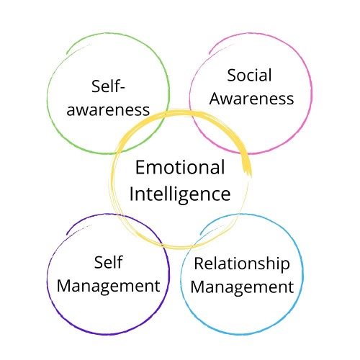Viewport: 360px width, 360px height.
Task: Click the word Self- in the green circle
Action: tap(108, 86)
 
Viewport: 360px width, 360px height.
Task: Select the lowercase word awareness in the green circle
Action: tap(108, 110)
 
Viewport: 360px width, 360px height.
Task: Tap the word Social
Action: tap(249, 75)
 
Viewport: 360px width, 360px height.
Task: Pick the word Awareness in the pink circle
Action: tap(251, 99)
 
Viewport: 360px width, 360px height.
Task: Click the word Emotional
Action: tap(180, 167)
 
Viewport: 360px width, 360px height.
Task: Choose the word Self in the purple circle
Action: tap(108, 262)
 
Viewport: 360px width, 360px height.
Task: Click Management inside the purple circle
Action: tap(109, 287)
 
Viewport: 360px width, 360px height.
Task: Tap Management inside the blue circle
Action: tap(242, 288)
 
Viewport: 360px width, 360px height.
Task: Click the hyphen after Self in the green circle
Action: tap(122, 88)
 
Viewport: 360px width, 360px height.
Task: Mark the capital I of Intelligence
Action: tap(132, 194)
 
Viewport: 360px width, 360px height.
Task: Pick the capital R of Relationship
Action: tap(199, 264)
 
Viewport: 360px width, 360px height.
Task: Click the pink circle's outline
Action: tap(312, 94)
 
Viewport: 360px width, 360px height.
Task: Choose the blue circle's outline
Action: tap(303, 274)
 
